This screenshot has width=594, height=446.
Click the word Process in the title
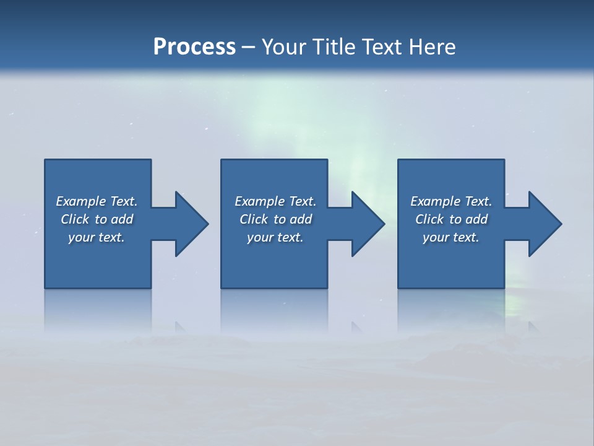(x=194, y=47)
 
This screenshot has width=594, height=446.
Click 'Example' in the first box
(x=81, y=201)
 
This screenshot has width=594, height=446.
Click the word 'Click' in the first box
(x=75, y=219)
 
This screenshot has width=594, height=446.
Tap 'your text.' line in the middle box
(x=275, y=237)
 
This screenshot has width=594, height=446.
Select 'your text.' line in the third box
(x=450, y=237)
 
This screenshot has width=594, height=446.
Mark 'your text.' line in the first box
(x=96, y=237)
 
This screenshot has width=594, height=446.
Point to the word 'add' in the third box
(x=476, y=219)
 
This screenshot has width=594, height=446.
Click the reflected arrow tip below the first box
(x=180, y=326)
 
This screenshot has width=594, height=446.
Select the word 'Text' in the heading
(x=382, y=47)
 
